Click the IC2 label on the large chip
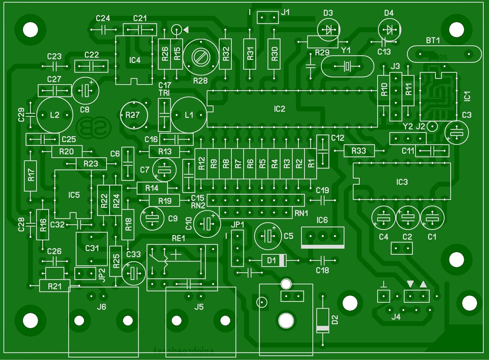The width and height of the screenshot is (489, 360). click(279, 109)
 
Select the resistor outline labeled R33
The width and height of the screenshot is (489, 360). click(359, 151)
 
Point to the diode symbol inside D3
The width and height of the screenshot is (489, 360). click(329, 30)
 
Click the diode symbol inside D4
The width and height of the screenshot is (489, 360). click(389, 30)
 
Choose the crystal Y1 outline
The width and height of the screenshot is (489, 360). click(347, 66)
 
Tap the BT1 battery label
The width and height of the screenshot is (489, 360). click(433, 40)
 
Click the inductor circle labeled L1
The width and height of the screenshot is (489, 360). click(189, 115)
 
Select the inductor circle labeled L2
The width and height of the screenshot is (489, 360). click(55, 115)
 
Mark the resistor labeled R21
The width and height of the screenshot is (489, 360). click(55, 286)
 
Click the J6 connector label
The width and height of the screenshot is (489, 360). click(101, 307)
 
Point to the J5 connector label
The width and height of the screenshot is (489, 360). click(199, 307)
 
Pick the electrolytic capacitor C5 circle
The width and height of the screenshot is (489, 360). click(268, 236)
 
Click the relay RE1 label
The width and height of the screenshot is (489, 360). click(178, 238)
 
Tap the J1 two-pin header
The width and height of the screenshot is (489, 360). click(268, 17)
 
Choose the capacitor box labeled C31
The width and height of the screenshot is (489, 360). click(91, 248)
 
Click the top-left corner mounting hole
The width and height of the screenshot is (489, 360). click(30, 30)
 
